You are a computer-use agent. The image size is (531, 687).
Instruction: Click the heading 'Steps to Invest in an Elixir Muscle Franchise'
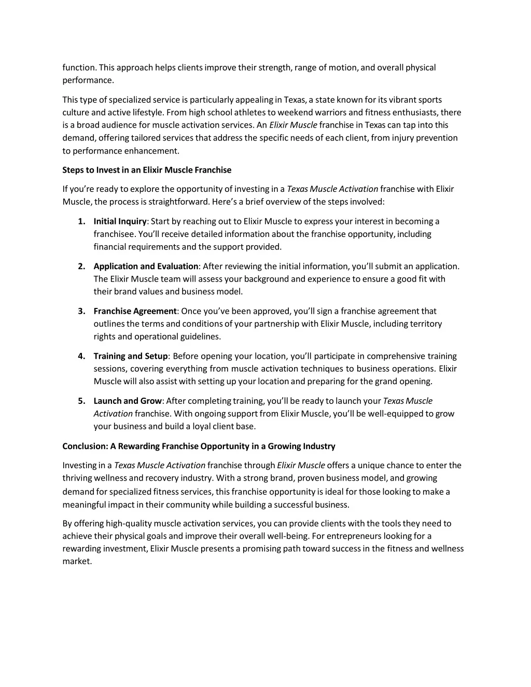point(147,170)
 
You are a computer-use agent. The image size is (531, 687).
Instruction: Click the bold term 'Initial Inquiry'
point(120,221)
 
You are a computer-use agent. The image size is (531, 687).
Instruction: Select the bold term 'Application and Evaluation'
point(146,267)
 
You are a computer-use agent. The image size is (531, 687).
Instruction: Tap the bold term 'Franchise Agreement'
point(135,311)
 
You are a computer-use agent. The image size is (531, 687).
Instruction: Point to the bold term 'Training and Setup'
point(131,356)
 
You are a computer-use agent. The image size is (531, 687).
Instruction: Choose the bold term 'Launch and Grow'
point(128,401)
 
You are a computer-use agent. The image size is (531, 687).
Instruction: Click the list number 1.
point(81,221)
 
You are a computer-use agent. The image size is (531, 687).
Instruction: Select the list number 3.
point(81,311)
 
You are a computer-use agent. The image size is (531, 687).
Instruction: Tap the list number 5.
point(81,401)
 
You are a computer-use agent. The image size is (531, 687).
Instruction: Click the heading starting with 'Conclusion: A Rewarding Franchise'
point(199,446)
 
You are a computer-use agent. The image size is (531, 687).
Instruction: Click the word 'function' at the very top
point(79,67)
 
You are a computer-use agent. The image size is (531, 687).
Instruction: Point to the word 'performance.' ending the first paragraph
point(88,80)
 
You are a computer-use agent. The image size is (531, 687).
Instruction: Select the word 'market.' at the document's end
point(77,562)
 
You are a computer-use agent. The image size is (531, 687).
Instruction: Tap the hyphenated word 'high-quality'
point(129,524)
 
